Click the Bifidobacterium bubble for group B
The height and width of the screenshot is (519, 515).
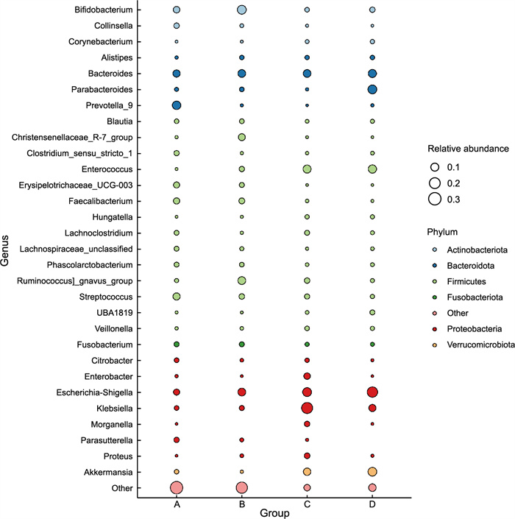[241, 10]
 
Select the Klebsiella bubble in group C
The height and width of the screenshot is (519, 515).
[307, 408]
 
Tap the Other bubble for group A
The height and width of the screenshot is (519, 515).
[177, 487]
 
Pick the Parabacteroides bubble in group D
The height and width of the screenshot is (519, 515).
[372, 89]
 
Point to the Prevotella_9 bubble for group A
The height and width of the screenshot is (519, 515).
[177, 105]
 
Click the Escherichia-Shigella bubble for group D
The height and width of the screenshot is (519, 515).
[372, 392]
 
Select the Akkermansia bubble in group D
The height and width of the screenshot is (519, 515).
[372, 471]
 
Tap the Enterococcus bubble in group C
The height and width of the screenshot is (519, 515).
[307, 169]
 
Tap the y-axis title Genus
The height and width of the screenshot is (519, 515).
[6, 249]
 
